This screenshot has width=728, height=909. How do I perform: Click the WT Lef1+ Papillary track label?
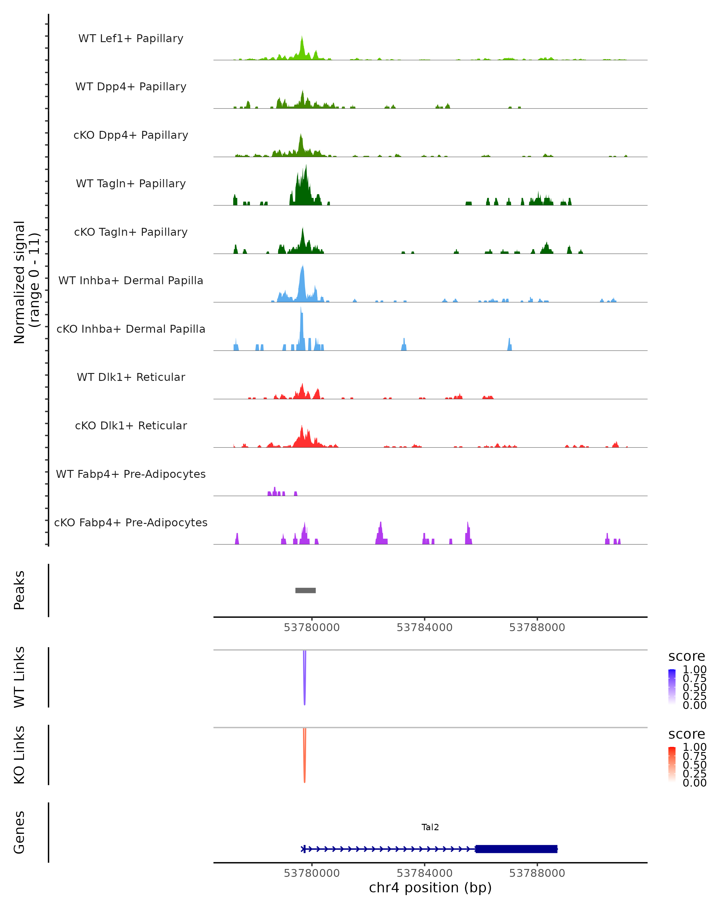pyautogui.click(x=131, y=38)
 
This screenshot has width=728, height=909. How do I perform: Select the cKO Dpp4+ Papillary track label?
pyautogui.click(x=131, y=135)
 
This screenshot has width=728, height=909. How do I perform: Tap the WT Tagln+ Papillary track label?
pyautogui.click(x=131, y=183)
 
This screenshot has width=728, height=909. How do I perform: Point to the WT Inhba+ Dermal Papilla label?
pyautogui.click(x=131, y=280)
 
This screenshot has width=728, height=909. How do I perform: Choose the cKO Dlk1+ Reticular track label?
pyautogui.click(x=131, y=425)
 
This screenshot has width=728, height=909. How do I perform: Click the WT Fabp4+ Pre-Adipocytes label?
pyautogui.click(x=131, y=474)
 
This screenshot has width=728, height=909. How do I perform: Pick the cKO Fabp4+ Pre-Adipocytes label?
pyautogui.click(x=131, y=522)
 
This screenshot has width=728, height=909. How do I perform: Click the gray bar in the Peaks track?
pyautogui.click(x=305, y=590)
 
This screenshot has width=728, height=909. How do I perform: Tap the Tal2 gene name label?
pyautogui.click(x=430, y=827)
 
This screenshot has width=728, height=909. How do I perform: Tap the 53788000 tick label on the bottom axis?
pyautogui.click(x=537, y=873)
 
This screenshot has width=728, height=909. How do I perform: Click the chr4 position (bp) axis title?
pyautogui.click(x=430, y=888)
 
